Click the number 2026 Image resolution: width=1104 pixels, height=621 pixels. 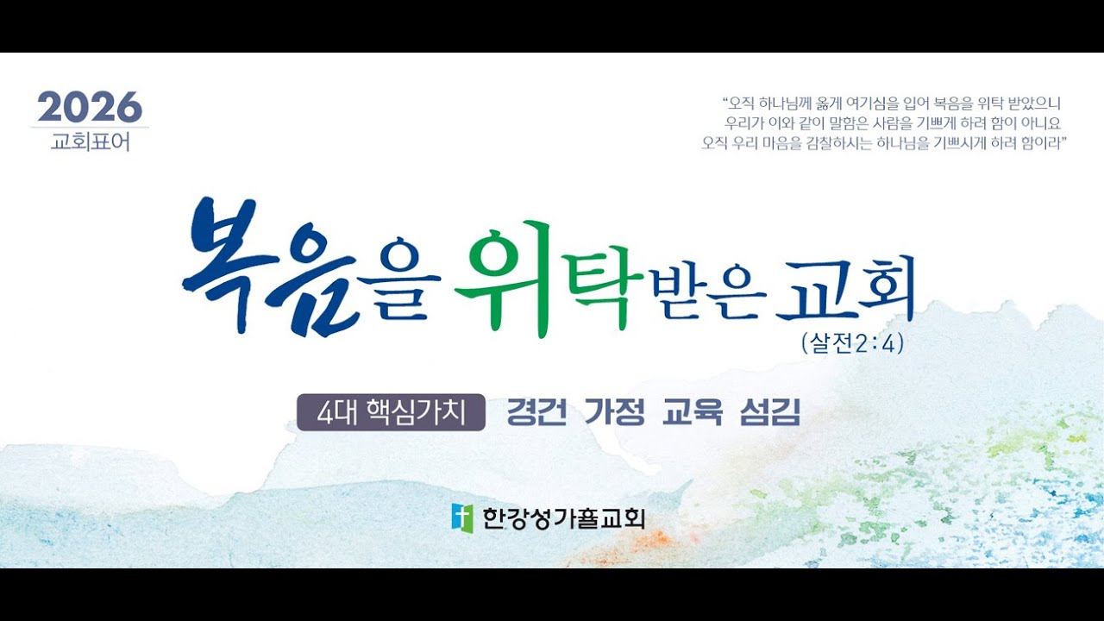coord(89,107)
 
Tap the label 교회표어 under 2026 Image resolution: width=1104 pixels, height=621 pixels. coord(90,141)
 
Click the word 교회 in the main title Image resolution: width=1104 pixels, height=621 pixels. coord(844,290)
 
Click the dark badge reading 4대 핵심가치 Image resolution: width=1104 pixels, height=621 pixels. coord(391,413)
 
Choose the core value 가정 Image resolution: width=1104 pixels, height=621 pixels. coord(614,413)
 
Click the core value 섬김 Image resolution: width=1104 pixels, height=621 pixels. coord(770,413)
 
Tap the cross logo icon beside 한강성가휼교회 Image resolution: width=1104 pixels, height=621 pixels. coord(462,517)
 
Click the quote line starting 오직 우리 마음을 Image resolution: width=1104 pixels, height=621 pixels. coord(885,143)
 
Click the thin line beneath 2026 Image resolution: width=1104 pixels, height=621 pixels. coord(90,128)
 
